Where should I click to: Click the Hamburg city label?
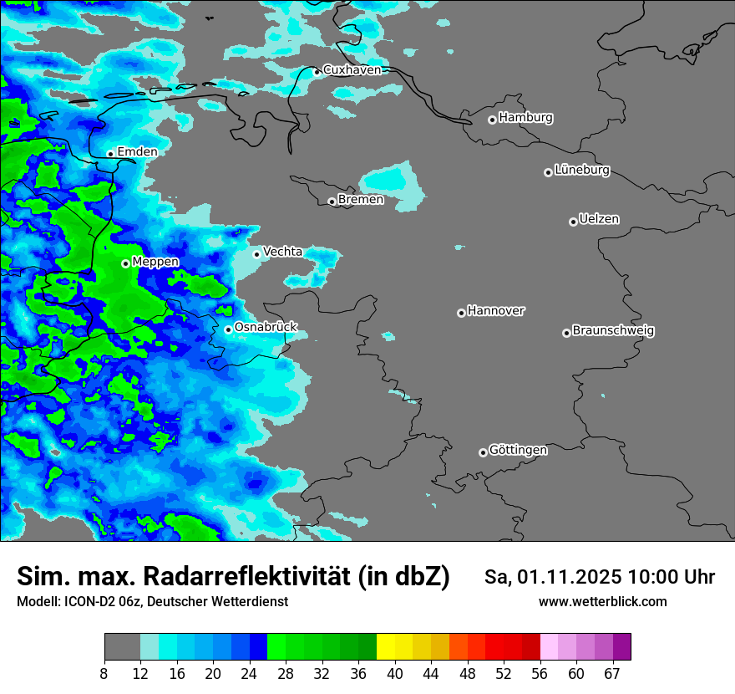525,118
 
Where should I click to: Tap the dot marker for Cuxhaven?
317,72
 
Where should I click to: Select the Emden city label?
137,151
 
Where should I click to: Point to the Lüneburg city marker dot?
548,172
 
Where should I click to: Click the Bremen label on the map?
361,200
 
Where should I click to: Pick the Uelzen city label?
599,219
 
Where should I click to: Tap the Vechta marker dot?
256,254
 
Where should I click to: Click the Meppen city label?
155,262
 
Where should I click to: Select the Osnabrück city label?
266,327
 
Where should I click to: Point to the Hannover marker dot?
461,313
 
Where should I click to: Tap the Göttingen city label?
518,450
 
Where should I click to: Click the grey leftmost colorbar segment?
122,647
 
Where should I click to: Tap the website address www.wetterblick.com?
602,602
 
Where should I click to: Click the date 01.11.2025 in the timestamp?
570,577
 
